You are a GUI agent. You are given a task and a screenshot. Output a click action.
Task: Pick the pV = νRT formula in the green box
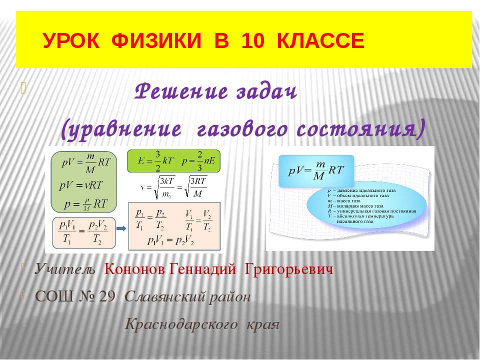81,184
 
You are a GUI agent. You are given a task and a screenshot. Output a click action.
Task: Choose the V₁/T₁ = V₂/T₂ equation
198,218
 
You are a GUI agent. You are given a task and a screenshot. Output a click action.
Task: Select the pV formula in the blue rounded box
316,171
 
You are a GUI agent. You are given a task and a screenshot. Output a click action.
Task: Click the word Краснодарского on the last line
180,323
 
